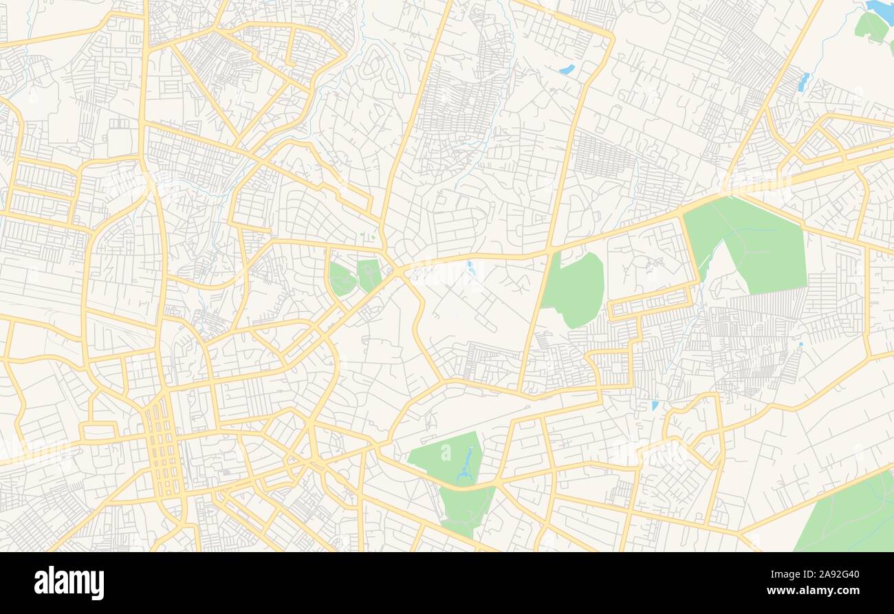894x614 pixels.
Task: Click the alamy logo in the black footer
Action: pyautogui.click(x=69, y=583)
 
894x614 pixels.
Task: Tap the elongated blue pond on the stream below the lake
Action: pyautogui.click(x=803, y=83)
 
